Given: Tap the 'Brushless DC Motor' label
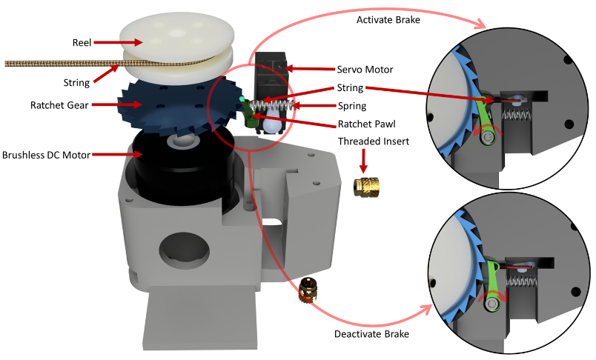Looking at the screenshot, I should [x=46, y=155].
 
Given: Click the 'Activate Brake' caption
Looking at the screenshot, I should [x=388, y=20].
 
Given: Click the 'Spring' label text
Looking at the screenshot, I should [x=351, y=106].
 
